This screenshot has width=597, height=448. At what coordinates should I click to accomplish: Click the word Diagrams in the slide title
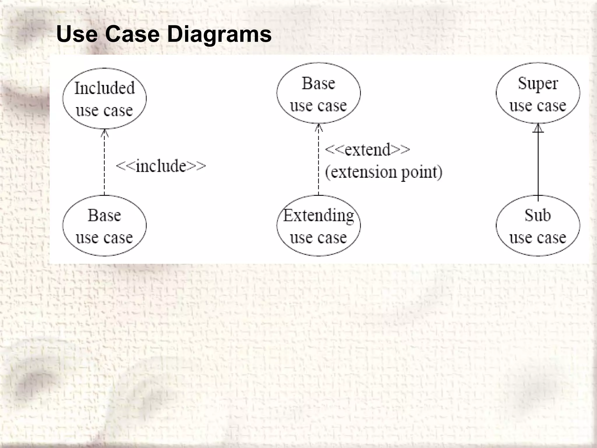[x=219, y=34]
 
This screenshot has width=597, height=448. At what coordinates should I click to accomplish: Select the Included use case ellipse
[x=104, y=99]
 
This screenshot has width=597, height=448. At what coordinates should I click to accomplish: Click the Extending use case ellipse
[x=318, y=226]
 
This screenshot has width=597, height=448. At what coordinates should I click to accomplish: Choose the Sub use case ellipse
[x=538, y=226]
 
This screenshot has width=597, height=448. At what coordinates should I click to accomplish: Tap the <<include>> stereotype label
[x=161, y=166]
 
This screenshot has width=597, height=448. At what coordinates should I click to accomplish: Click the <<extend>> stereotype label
[x=367, y=150]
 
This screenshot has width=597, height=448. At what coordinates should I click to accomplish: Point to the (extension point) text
[x=384, y=172]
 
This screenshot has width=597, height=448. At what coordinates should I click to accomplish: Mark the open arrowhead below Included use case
[x=104, y=133]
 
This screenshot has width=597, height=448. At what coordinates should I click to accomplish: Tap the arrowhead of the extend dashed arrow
[x=319, y=128]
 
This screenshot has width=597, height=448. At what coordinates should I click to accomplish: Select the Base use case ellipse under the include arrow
[x=104, y=226]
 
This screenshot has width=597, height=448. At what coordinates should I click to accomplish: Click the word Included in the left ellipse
[x=105, y=88]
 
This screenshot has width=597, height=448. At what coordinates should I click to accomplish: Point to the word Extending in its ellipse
[x=319, y=216]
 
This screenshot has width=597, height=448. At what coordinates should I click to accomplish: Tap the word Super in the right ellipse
[x=538, y=84]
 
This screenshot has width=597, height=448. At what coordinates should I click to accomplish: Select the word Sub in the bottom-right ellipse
[x=538, y=216]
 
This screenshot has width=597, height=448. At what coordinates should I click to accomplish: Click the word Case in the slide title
[x=132, y=34]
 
